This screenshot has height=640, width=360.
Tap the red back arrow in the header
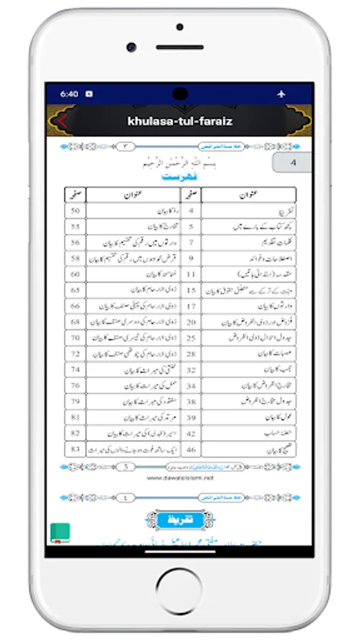(62, 121)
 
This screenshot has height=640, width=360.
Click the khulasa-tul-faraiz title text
(179, 121)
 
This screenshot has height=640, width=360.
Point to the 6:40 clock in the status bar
(69, 93)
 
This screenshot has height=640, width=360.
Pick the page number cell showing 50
(75, 211)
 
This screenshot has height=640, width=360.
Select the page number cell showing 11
(191, 273)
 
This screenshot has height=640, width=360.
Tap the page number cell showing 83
(75, 449)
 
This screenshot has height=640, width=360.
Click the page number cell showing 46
(191, 449)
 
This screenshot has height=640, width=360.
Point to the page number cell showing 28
(191, 353)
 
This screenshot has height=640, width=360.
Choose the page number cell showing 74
(75, 369)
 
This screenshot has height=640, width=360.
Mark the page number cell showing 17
(191, 305)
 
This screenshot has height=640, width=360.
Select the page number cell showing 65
(75, 289)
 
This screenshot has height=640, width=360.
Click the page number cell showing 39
(191, 417)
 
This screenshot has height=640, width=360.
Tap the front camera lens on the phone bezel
(132, 47)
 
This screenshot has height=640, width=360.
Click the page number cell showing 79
(75, 401)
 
